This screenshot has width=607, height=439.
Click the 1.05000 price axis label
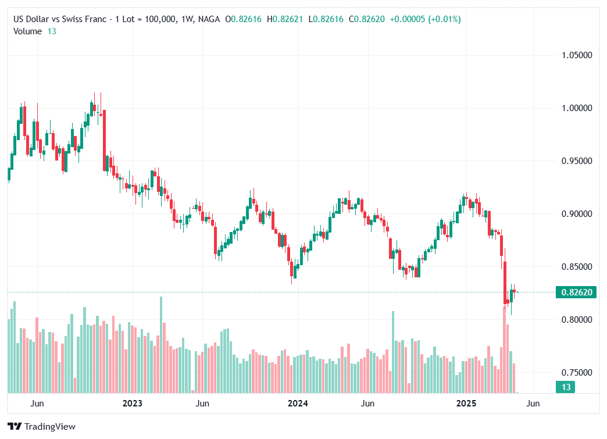coord(577,55)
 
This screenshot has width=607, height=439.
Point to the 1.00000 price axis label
coord(577,108)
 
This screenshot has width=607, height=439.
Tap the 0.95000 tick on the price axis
coord(577,161)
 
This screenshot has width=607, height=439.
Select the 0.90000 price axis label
coord(577,214)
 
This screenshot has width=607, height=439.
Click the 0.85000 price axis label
coord(577,267)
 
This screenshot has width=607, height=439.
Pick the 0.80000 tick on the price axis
coord(577,320)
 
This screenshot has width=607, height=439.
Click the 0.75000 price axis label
coord(577,373)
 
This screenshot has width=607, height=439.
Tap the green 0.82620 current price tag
coord(576,292)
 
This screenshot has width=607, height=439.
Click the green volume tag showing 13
coord(565,387)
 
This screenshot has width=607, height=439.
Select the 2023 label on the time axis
coord(132,403)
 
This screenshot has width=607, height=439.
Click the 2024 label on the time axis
coord(298,403)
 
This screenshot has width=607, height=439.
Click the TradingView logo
coord(42,427)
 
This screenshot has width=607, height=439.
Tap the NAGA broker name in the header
coord(209,19)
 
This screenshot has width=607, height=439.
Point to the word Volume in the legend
coord(27,31)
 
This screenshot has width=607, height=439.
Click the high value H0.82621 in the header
coord(285,19)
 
